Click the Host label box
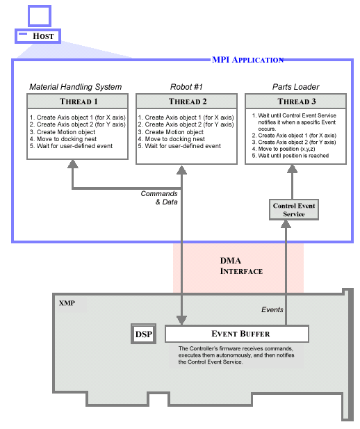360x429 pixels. coord(38,36)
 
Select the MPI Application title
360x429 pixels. coord(247,60)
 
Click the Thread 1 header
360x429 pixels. coord(77,102)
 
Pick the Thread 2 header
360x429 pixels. coord(186,102)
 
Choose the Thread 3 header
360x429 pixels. coord(296,102)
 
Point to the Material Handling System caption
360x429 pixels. coord(76,87)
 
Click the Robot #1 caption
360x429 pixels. coord(186,87)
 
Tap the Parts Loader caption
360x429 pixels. coord(296,87)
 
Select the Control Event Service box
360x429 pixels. coord(294,209)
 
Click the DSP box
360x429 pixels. coord(144,334)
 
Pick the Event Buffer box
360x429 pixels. coord(237,334)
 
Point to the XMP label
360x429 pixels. coord(67,303)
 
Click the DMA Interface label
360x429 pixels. coord(241,266)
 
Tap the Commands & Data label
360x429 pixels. coord(159,197)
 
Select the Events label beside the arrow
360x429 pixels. coord(272,309)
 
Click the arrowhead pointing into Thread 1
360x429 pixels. coord(73,163)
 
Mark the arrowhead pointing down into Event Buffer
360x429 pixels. coord(181,320)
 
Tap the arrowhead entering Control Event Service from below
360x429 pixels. coord(286,224)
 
